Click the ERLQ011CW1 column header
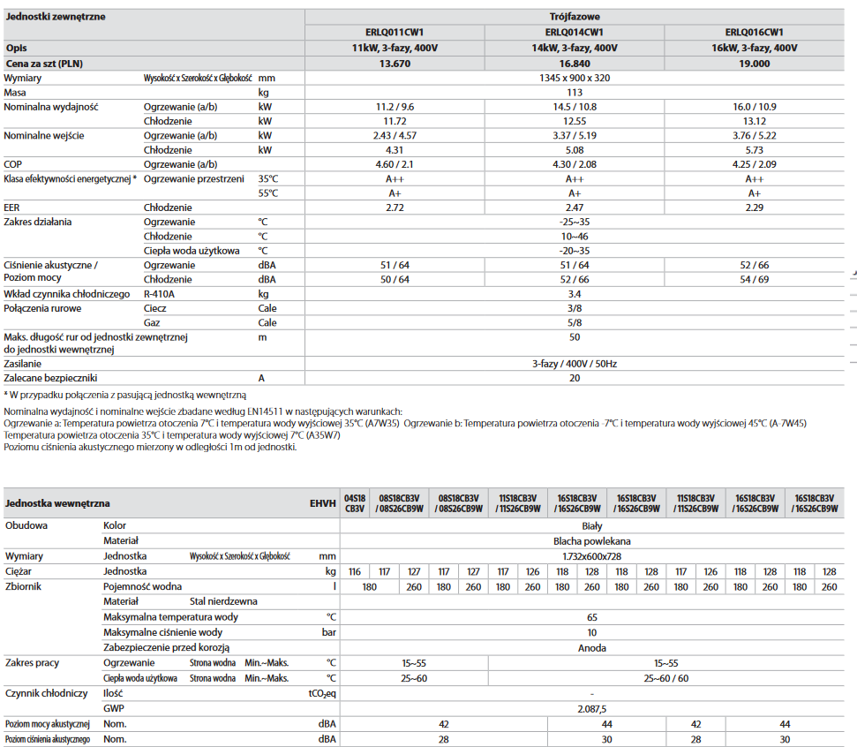[x=395, y=32]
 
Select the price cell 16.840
[x=575, y=64]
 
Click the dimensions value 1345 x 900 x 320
[x=575, y=78]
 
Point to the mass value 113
[x=575, y=92]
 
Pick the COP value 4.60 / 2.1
[x=395, y=164]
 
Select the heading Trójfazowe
[x=575, y=17]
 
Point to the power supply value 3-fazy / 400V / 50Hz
[x=575, y=363]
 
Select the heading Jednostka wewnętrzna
[x=57, y=503]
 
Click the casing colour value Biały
[x=591, y=525]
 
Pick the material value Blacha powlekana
[x=591, y=540]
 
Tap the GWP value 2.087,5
[x=591, y=708]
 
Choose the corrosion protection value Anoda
[x=591, y=647]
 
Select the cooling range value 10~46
[x=575, y=236]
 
